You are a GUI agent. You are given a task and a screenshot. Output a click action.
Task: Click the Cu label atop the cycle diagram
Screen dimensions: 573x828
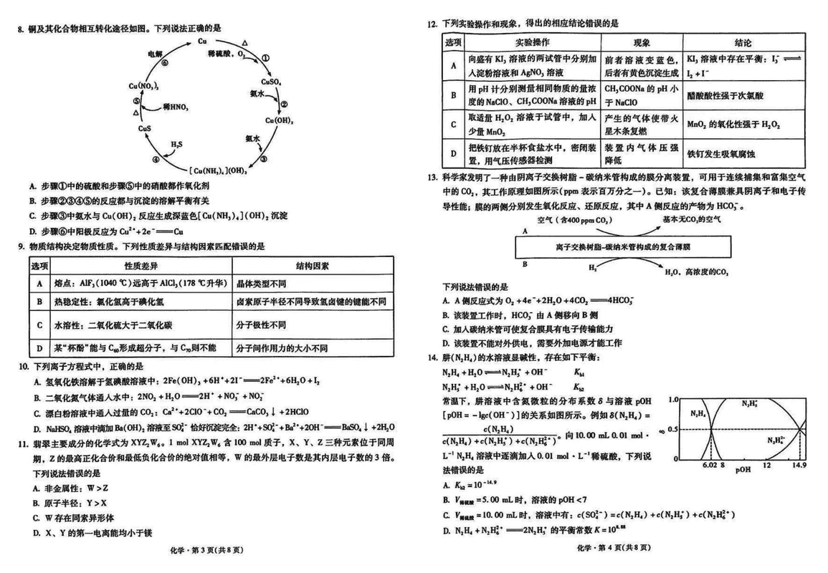tap(202, 42)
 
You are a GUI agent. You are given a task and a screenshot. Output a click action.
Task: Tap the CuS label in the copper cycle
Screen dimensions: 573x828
tap(145, 128)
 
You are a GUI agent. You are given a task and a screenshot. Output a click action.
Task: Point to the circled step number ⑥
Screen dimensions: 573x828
tap(165, 63)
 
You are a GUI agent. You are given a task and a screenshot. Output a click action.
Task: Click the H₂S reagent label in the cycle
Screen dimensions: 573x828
tap(176, 145)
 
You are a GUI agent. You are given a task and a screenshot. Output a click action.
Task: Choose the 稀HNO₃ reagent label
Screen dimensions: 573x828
tap(176, 107)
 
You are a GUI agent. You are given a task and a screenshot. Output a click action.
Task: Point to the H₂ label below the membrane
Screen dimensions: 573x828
tap(593, 266)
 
